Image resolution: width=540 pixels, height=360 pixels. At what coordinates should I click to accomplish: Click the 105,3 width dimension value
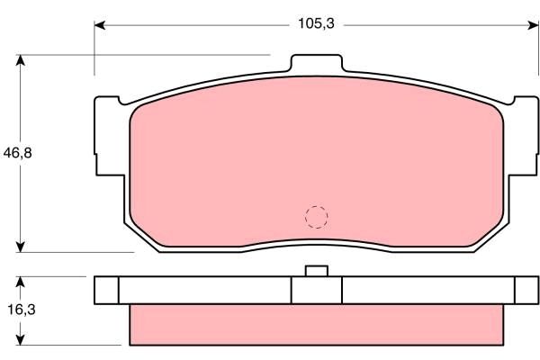[316, 24]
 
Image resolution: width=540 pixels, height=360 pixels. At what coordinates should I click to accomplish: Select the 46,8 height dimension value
[16, 153]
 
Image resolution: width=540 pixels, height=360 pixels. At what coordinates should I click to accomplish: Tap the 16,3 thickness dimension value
[15, 310]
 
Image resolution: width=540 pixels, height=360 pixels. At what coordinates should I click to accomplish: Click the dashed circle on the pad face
[316, 216]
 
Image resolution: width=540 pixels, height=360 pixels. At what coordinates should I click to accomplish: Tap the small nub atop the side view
[316, 271]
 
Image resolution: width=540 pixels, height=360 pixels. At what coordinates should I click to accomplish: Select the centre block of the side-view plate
[316, 290]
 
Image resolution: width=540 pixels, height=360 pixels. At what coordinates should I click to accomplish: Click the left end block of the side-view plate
[106, 290]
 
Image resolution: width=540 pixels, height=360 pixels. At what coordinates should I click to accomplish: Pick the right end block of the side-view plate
[526, 290]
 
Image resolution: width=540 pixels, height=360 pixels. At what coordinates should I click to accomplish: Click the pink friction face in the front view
[270, 162]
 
